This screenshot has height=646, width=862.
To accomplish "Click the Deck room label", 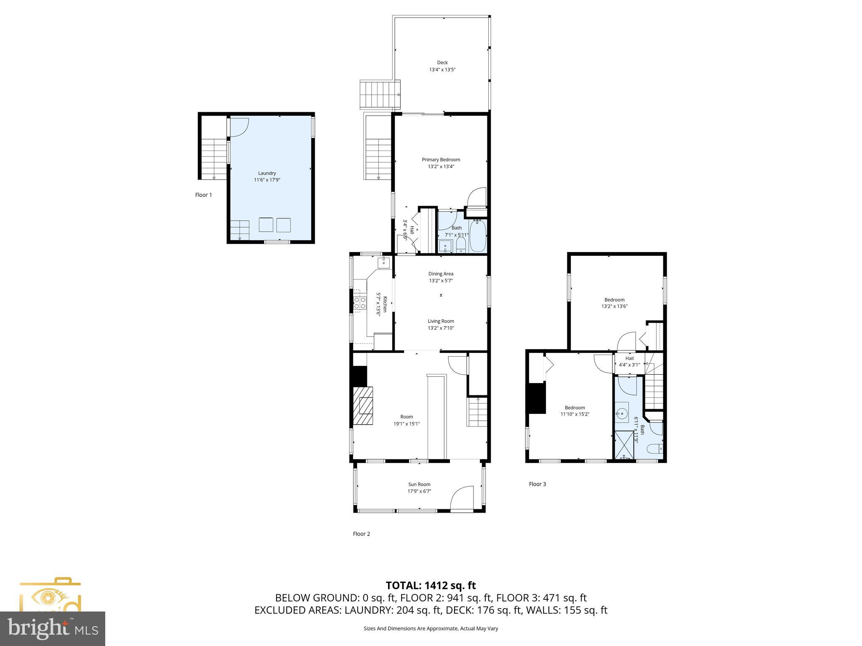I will click(442, 63).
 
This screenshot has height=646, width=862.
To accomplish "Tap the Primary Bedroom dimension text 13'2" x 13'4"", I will click(441, 167).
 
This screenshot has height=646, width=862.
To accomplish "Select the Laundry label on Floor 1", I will click(267, 173).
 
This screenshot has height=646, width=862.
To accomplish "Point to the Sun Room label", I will click(419, 484).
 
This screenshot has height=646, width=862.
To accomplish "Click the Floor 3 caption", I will click(537, 484).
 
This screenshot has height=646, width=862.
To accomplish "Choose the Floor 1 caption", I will click(203, 195).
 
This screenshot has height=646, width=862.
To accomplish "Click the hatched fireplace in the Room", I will click(363, 406).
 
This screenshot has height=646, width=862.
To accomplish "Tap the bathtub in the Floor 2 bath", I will click(478, 236).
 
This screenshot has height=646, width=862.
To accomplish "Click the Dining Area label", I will click(441, 274).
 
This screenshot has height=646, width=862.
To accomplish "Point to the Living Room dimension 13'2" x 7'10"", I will click(441, 328).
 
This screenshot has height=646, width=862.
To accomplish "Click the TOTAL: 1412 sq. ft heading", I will click(431, 585).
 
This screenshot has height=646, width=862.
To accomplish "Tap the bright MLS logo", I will click(53, 628).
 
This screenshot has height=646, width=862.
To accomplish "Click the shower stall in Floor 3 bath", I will click(624, 445).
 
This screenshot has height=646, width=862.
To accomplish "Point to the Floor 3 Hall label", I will click(629, 358).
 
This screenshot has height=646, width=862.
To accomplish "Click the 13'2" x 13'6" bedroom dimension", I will click(614, 307).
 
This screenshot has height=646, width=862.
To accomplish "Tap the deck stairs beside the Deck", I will click(379, 94).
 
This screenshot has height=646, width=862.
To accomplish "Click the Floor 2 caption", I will click(361, 534).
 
